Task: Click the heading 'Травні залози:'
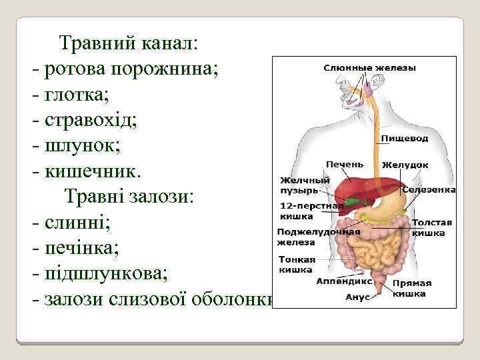tap(128, 196)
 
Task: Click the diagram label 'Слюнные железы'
tap(370, 67)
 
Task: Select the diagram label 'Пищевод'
tap(405, 139)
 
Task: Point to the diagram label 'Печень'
tap(345, 164)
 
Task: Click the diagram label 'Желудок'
tap(405, 165)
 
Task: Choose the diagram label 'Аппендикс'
tap(344, 282)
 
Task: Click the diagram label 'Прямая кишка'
tap(412, 288)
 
